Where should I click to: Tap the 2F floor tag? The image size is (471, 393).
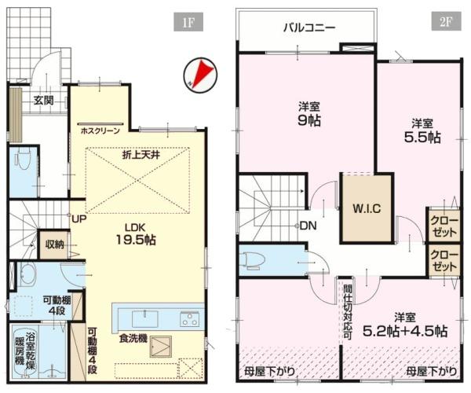[x=445, y=20]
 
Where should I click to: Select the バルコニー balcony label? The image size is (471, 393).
[x=309, y=28]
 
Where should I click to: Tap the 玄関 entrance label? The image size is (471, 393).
[x=44, y=100]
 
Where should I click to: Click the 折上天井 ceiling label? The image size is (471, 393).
[x=141, y=156]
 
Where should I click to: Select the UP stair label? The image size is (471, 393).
[x=79, y=219]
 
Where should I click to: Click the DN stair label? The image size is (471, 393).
[x=309, y=226]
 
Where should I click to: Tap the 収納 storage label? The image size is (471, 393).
[x=54, y=244]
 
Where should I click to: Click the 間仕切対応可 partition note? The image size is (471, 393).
[x=345, y=310]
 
